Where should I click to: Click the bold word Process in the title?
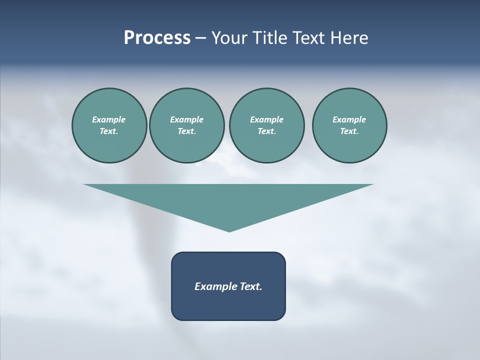coord(157,38)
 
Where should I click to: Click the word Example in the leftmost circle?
coord(109,119)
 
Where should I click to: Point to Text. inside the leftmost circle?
coord(109,131)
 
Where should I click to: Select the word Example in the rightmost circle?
coord(349,119)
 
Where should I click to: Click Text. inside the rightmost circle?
coord(349,131)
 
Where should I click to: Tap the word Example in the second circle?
coord(187,119)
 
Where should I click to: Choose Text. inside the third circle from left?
coord(266,131)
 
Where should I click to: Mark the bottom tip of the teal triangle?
coord(229,230)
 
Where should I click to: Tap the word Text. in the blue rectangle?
coord(249,286)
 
